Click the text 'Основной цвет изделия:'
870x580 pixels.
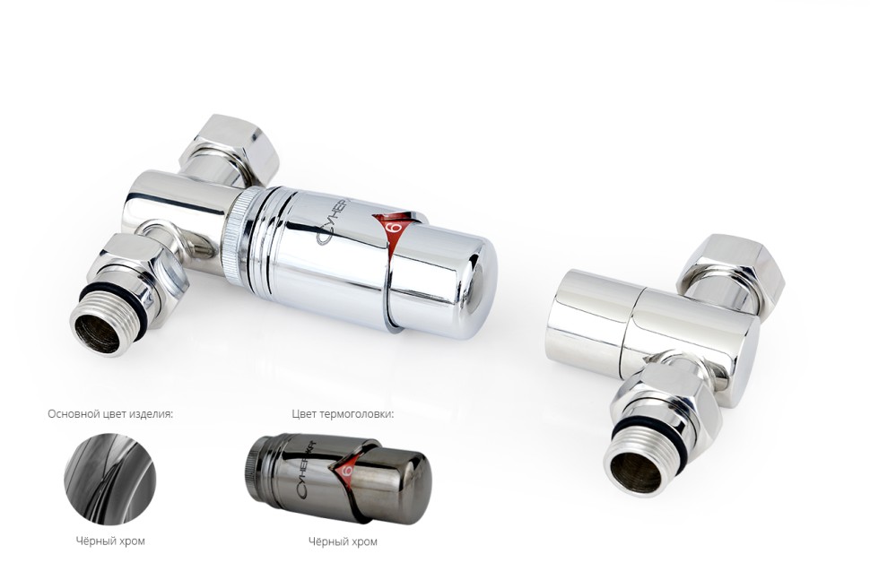pyautogui.click(x=110, y=414)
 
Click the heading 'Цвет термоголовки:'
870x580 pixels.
pyautogui.click(x=343, y=414)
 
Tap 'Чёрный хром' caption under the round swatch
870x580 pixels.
pyautogui.click(x=109, y=541)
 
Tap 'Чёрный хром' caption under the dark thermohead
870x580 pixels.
pyautogui.click(x=343, y=541)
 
